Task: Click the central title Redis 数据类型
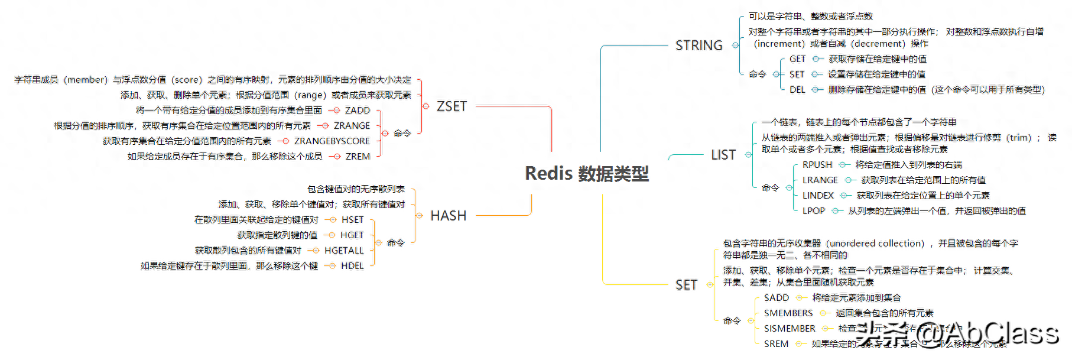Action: click(x=586, y=173)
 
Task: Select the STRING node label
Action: click(x=699, y=46)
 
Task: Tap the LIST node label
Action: click(x=723, y=155)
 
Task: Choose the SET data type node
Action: click(x=686, y=285)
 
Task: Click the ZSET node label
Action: click(x=451, y=106)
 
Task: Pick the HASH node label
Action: click(x=448, y=216)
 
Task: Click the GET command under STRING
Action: click(x=797, y=59)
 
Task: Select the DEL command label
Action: click(x=797, y=90)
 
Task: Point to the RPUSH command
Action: click(x=817, y=165)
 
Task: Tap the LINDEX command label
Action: click(x=818, y=196)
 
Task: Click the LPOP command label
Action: click(x=813, y=211)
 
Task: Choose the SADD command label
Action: click(x=776, y=298)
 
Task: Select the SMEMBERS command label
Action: click(x=788, y=313)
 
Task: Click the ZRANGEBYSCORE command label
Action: click(x=332, y=141)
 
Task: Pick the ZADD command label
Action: click(x=357, y=111)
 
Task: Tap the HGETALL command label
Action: click(x=344, y=251)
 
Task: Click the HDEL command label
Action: click(x=352, y=266)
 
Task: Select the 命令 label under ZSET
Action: click(x=402, y=134)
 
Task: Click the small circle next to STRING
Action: click(x=735, y=46)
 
